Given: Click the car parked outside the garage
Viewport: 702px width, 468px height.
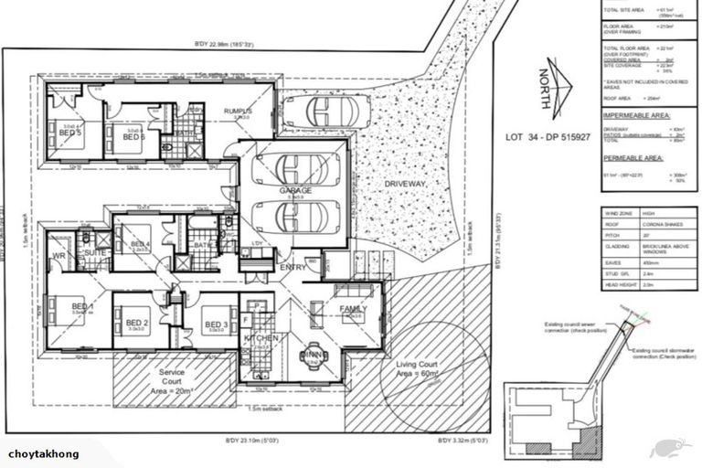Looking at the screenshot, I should [x=325, y=112].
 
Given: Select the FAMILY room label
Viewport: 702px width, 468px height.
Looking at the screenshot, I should [x=352, y=309].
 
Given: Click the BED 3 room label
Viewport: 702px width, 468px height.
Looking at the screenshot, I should [x=217, y=325].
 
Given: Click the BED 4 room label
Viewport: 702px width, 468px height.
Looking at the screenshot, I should [x=139, y=244].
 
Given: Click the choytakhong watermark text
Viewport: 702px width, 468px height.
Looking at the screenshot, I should [x=43, y=454].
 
